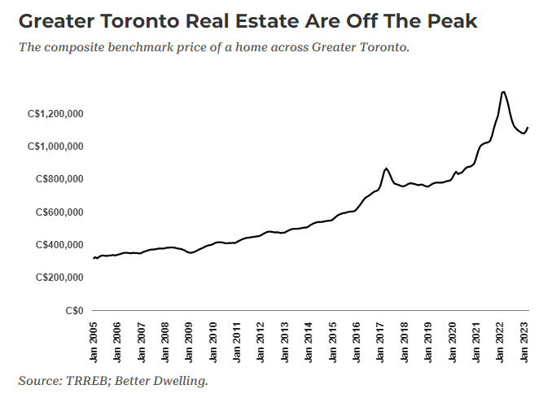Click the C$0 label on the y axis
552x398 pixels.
click(x=77, y=310)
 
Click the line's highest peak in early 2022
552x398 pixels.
click(x=503, y=92)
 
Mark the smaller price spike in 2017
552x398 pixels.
click(x=386, y=168)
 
